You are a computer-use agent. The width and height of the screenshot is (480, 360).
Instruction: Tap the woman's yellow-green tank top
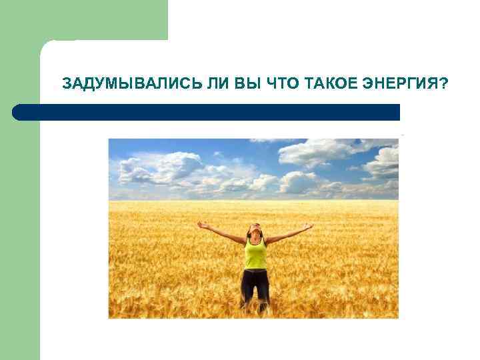[255, 254]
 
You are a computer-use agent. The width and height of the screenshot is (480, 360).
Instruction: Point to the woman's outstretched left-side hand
[201, 225]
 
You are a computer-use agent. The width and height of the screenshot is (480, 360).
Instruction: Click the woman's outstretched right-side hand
[308, 227]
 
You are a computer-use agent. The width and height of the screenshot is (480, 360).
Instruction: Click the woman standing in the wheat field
[255, 263]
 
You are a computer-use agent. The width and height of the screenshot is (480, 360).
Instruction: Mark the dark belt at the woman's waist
[255, 270]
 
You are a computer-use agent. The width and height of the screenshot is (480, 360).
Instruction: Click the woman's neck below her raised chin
[255, 239]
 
